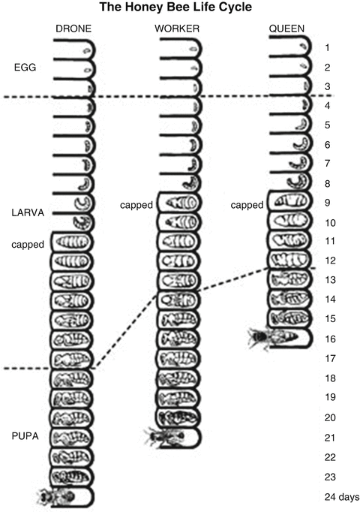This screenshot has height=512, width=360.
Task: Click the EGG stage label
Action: click(x=25, y=67)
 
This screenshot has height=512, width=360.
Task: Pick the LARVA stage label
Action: click(x=28, y=212)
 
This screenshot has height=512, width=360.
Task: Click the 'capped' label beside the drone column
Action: click(x=27, y=244)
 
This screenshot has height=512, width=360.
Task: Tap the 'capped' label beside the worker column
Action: click(x=137, y=203)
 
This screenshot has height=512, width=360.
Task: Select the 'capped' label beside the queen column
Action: click(x=247, y=203)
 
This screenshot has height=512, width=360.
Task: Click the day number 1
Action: click(x=328, y=48)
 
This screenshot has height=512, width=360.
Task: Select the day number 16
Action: click(x=330, y=339)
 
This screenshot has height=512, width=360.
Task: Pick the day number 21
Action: click(x=330, y=437)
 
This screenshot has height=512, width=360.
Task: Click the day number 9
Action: click(x=328, y=203)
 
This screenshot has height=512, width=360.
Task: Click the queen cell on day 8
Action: click(x=289, y=182)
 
